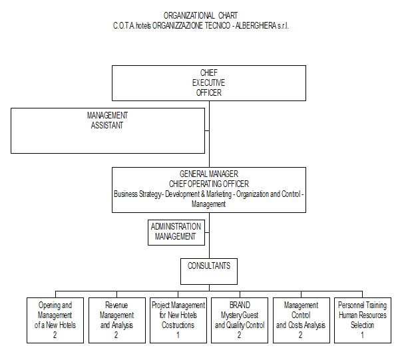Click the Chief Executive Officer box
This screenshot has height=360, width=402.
point(208,83)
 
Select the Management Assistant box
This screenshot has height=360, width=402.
point(107,130)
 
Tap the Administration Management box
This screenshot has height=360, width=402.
point(176,232)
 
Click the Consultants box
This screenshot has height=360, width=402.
point(209,270)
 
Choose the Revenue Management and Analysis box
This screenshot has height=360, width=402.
point(116,319)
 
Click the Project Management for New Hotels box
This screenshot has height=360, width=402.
point(178,319)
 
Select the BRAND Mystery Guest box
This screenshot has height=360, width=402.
point(240,319)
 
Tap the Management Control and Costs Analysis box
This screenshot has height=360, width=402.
point(301,319)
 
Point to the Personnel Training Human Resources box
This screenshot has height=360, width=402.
point(362,319)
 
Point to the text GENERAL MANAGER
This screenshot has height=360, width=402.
point(208,174)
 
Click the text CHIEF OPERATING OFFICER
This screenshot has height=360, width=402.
point(208,183)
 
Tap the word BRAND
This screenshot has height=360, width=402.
point(240,305)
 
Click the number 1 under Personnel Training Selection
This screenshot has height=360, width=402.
point(362,335)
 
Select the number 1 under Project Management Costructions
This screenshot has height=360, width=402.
point(178,335)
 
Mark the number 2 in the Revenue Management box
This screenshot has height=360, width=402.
point(116,335)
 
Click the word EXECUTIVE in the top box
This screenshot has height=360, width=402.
point(208,83)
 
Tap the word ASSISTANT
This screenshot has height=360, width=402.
point(107,125)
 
